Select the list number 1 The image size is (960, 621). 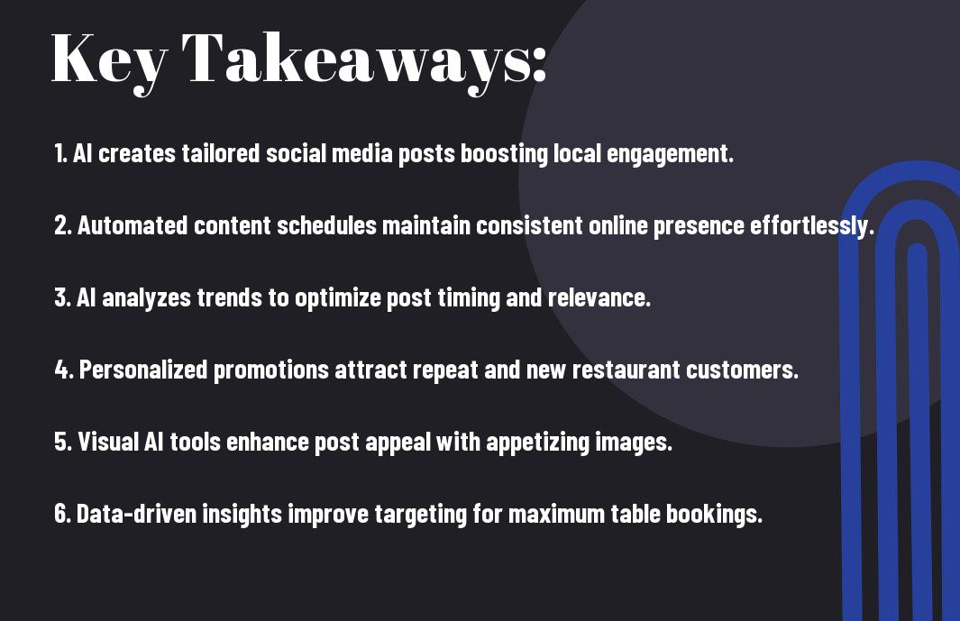pos(60,153)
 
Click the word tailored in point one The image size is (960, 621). pos(221,153)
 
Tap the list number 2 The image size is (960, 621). pos(63,225)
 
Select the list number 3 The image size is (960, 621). pos(62,297)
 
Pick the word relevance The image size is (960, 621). pos(599,297)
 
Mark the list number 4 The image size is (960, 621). pos(64,370)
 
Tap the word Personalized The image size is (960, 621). pos(143,370)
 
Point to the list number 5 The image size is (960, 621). pos(63,442)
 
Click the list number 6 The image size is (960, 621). pos(62,514)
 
